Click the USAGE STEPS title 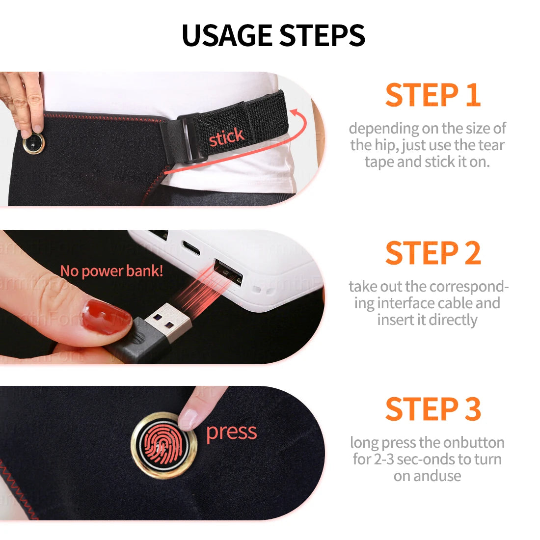click(x=273, y=35)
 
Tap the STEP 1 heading click(x=432, y=95)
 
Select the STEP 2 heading click(x=432, y=253)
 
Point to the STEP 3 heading click(x=432, y=409)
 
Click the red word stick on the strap click(x=226, y=137)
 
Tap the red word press click(x=231, y=432)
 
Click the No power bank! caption click(x=111, y=270)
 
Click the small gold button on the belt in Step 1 click(x=33, y=143)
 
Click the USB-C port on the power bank click(x=190, y=248)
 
